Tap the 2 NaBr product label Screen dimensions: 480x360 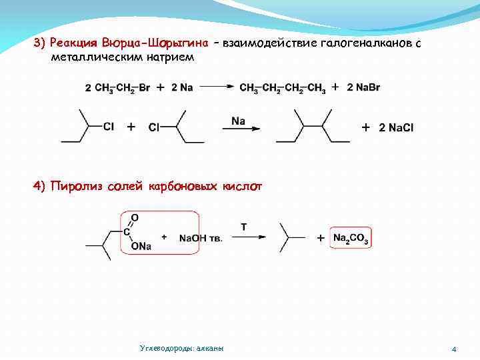click(x=364, y=87)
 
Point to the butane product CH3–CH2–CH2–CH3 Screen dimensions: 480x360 click(x=283, y=88)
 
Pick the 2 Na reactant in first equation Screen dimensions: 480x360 click(x=182, y=87)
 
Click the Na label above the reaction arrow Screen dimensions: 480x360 click(x=239, y=121)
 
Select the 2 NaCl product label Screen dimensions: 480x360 click(x=396, y=127)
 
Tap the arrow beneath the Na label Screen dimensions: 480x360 click(x=241, y=129)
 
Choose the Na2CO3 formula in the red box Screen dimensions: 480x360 click(x=351, y=239)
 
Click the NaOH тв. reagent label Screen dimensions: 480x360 click(x=201, y=238)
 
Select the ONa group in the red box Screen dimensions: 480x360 click(x=141, y=247)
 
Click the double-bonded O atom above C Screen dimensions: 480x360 click(x=135, y=217)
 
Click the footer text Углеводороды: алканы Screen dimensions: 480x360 click(x=182, y=349)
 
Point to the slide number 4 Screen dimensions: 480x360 click(x=453, y=349)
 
